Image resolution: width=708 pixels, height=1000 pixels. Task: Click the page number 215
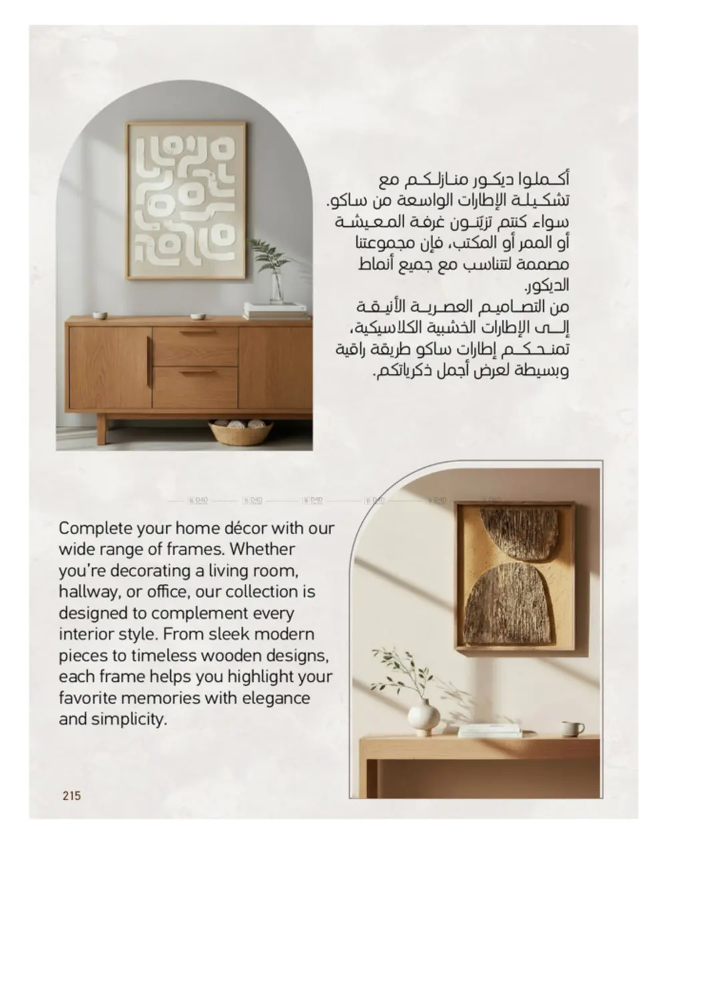71,795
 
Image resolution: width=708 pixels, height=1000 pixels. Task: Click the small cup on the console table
571,729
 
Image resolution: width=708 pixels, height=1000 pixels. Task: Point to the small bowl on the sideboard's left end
99,315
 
